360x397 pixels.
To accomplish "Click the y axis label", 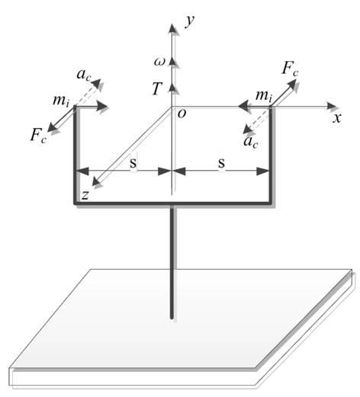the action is [x=190, y=21].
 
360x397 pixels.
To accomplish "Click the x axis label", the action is [x=337, y=118].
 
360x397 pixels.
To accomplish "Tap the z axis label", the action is [x=85, y=195].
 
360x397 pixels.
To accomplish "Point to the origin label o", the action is [x=182, y=114].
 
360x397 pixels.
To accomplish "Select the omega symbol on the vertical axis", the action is [x=159, y=62].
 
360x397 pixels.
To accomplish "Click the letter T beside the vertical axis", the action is [x=157, y=88].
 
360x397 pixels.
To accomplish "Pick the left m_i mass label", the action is [x=61, y=101].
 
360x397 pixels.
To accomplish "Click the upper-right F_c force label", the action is [x=290, y=69].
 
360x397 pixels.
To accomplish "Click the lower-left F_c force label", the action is [x=38, y=135].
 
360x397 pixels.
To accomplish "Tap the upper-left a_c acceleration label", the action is [x=84, y=75].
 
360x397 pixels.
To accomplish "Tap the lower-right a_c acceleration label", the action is [x=251, y=142].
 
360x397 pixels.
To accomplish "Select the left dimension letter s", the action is [x=133, y=163].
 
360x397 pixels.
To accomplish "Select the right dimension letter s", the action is [x=222, y=163].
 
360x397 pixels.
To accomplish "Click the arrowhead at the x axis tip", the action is [x=332, y=107].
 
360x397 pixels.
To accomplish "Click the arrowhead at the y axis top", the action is [x=172, y=28].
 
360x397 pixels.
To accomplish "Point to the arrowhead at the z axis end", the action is [x=96, y=181].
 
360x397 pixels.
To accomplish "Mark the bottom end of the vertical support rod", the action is [x=172, y=318].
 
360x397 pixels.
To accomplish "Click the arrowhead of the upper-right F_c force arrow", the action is [x=292, y=84].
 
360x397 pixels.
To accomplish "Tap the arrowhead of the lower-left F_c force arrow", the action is [x=53, y=128].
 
